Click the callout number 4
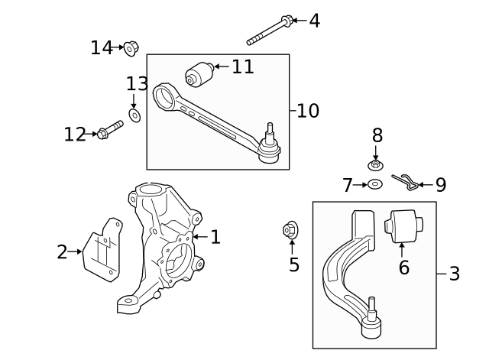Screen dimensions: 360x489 pos(314,21)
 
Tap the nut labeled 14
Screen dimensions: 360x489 pos(131,49)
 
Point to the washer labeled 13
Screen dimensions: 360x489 pos(134,115)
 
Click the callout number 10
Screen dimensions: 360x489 pos(308,111)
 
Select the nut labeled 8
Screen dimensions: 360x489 pos(375,164)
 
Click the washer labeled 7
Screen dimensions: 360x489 pos(374,184)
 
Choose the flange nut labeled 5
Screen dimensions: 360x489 pos(290,229)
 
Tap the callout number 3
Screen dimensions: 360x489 pos(454,274)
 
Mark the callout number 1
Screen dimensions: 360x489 pos(215,238)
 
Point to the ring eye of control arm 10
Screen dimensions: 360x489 pos(164,98)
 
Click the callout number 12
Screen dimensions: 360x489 pos(75,135)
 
